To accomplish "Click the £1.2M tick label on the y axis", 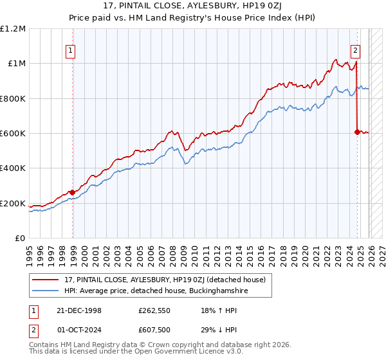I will click(x=13, y=29).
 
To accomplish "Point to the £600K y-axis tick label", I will click(x=13, y=134).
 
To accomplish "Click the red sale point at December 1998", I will click(x=73, y=192).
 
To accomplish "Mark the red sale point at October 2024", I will click(x=357, y=132).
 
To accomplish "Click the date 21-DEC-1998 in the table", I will click(x=76, y=310).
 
